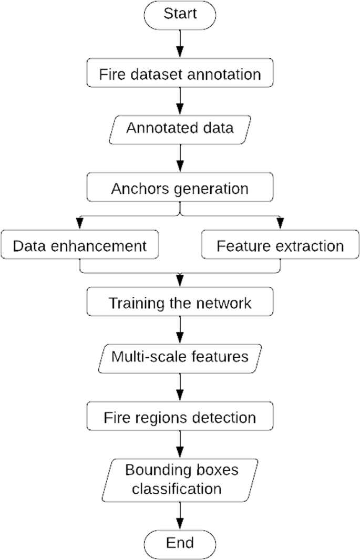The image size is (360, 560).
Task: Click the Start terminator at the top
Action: [180, 14]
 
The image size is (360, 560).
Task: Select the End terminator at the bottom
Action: [180, 542]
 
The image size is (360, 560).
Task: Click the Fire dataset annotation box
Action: [180, 74]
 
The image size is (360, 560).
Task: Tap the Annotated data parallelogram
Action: [180, 128]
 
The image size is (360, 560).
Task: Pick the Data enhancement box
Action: [79, 246]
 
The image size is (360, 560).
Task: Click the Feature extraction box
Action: [280, 246]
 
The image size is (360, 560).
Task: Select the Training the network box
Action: [180, 303]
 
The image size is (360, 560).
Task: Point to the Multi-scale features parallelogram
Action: [180, 357]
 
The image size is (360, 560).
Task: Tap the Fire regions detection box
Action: [180, 418]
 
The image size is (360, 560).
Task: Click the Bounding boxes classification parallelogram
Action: [180, 479]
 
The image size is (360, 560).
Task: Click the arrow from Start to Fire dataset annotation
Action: [180, 45]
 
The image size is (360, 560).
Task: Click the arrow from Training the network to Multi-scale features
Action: [180, 330]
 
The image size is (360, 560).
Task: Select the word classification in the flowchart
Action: [177, 489]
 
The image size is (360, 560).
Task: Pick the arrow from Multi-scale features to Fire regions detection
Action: [180, 388]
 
